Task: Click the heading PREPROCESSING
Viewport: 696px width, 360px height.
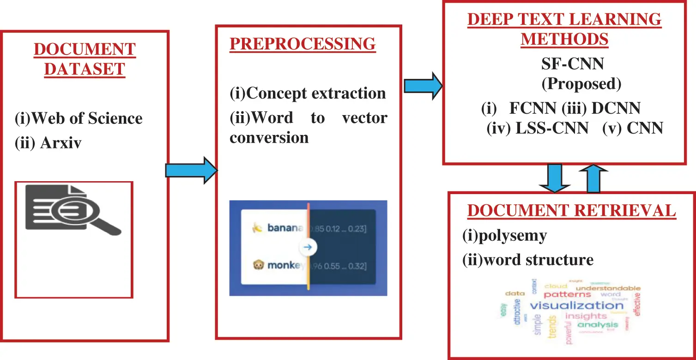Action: click(303, 43)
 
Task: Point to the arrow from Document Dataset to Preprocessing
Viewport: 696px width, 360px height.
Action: click(191, 171)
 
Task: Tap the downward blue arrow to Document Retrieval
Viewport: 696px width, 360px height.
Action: click(555, 178)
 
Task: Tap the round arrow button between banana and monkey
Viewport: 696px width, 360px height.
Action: click(308, 247)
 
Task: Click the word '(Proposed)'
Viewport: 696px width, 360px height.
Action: click(581, 84)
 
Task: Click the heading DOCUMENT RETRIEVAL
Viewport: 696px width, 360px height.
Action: click(571, 210)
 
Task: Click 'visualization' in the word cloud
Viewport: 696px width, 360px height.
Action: click(576, 305)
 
